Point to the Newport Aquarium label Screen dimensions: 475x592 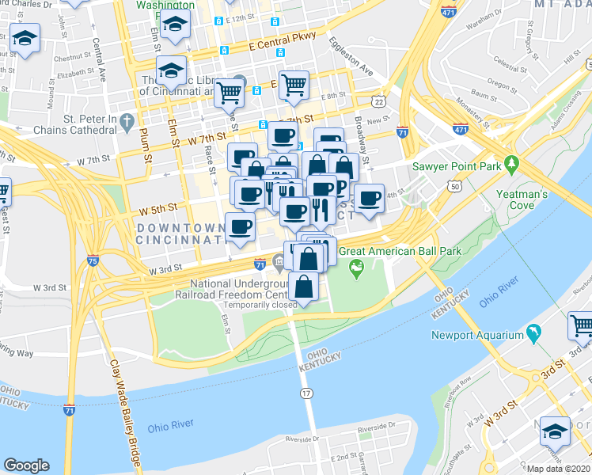point(477,335)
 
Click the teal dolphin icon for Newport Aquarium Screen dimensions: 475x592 point(534,334)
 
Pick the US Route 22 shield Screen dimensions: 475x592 point(380,102)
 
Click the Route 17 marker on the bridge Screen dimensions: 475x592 point(305,393)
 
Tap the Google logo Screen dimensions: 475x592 point(26,465)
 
